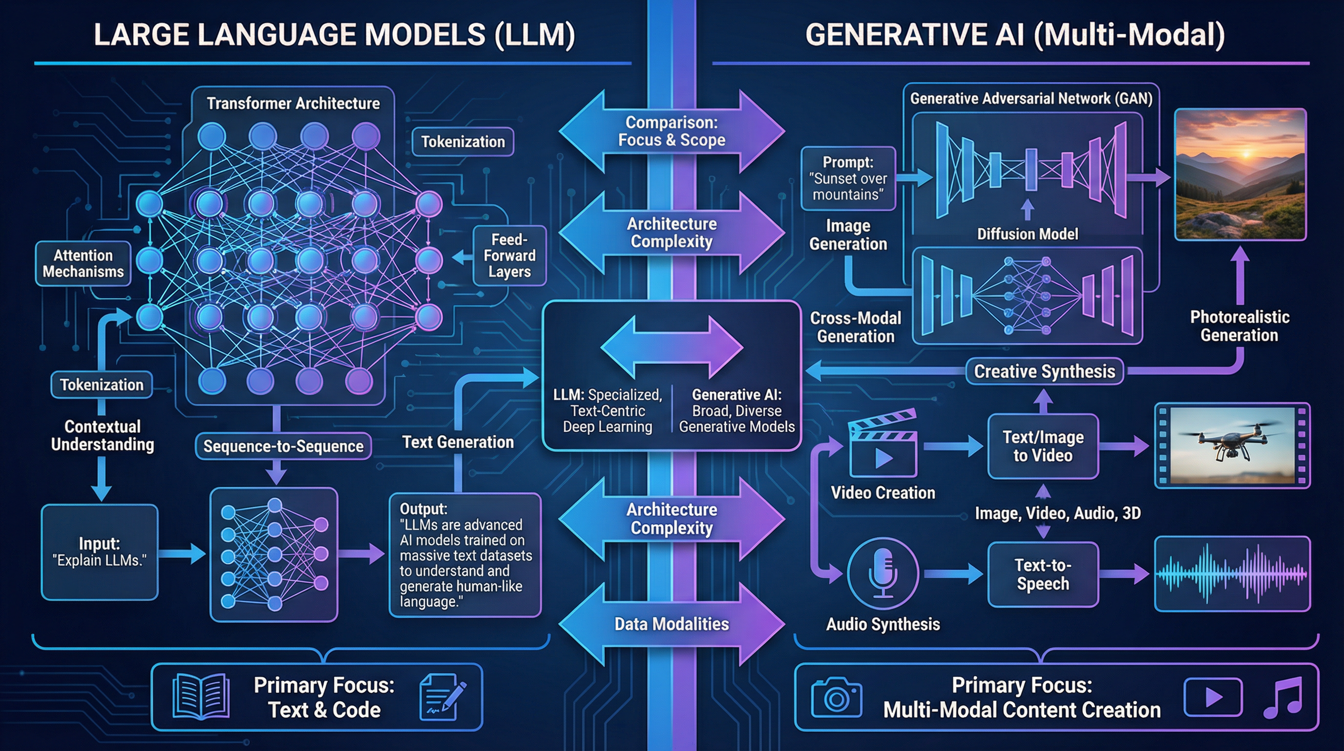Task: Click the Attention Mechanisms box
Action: tap(84, 263)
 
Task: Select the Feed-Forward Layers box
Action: tap(509, 255)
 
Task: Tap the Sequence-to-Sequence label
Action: tap(283, 446)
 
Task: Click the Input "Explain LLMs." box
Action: tap(99, 552)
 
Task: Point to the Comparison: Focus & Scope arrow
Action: tap(672, 131)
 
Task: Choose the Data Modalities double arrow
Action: tap(672, 624)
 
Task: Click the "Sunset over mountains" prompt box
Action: tap(848, 178)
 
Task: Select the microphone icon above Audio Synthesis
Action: tap(883, 574)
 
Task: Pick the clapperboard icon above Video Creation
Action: tap(883, 444)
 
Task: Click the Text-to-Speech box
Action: tap(1043, 574)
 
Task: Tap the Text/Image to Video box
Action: tap(1043, 446)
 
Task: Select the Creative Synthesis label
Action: tap(1045, 371)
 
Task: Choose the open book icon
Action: tap(201, 697)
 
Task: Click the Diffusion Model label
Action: tap(1028, 234)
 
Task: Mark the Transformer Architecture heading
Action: tap(293, 103)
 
